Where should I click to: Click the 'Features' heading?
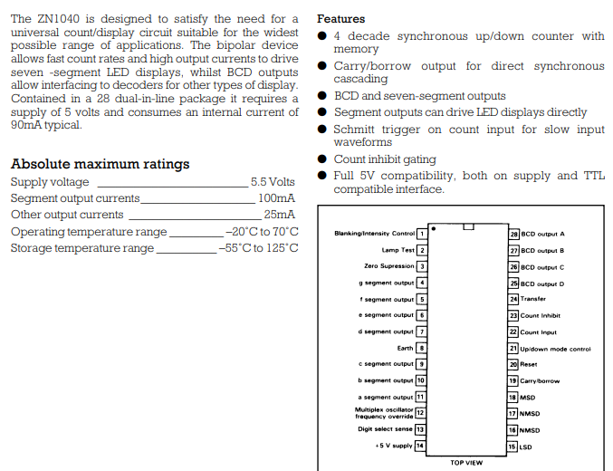coord(340,19)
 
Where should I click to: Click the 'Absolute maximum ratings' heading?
coord(100,164)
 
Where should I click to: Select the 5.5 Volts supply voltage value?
coord(273,182)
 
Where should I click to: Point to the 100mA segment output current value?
coord(276,198)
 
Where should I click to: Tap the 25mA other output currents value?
coord(279,215)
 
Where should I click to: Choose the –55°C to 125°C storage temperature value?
coord(258,248)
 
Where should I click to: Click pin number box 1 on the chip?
coord(421,234)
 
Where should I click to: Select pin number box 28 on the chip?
coord(513,234)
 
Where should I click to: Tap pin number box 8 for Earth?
coord(421,348)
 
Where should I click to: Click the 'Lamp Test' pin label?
coord(397,250)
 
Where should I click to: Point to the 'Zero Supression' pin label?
coord(388,266)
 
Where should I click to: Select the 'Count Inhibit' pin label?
coord(541,315)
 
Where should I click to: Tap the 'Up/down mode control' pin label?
coord(555,348)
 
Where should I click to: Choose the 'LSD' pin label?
coord(526,447)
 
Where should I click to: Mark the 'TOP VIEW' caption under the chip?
coord(466,463)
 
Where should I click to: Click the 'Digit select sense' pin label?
coord(385,428)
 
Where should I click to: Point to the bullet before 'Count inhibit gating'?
coord(322,159)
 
